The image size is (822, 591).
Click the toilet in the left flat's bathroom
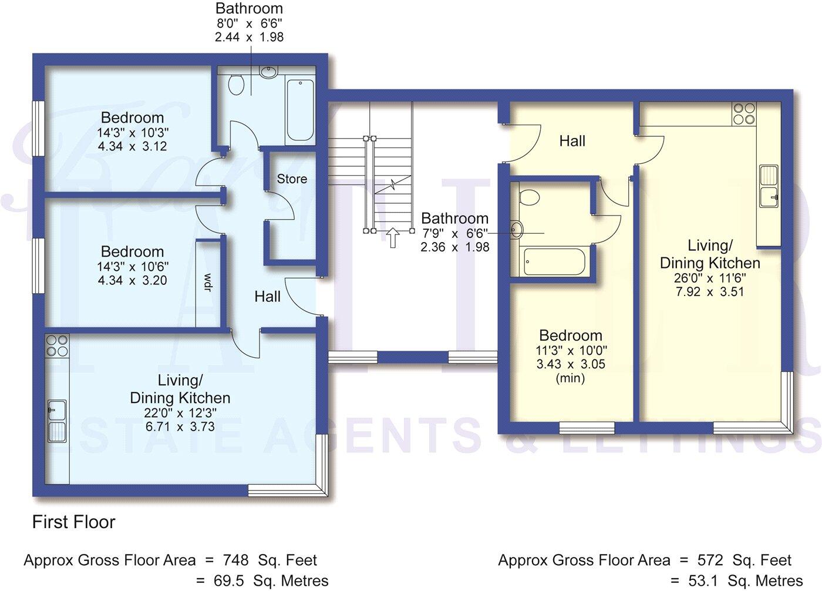coord(237,84)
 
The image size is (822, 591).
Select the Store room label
coord(292,179)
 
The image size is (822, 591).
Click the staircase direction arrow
coord(393,237)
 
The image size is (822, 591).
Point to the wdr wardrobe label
coord(207,283)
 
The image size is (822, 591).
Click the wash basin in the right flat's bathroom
coord(517,230)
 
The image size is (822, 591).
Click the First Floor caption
coord(73,522)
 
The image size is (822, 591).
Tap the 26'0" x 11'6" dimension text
coord(710,277)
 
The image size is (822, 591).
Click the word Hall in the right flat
coord(572,141)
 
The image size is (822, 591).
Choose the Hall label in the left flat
coord(267,297)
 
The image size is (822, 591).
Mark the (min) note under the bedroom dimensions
coord(570,378)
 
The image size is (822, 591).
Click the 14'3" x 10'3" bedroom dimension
coord(132,132)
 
